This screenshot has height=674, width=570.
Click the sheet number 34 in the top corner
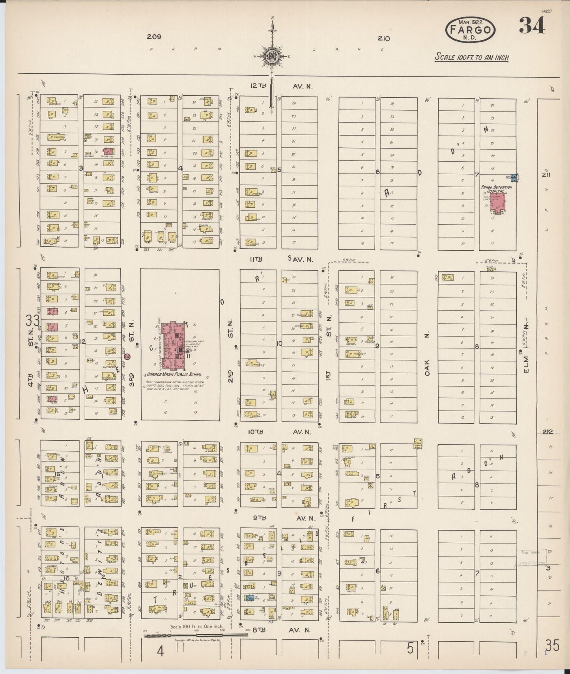tap(532, 26)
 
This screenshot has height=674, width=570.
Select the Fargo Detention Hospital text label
tap(496, 190)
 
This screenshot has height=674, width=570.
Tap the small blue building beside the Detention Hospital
tap(514, 178)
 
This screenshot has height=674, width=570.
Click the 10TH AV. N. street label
tap(280, 432)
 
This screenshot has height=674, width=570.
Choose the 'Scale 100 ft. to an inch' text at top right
tap(472, 58)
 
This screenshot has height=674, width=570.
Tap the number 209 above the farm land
tap(154, 37)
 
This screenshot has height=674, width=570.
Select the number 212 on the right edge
tap(547, 432)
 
